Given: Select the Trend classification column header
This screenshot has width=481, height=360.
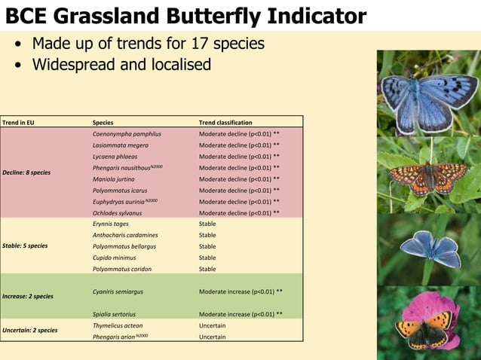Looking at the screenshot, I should (225, 122).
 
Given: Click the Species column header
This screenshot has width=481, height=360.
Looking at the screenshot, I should (103, 122).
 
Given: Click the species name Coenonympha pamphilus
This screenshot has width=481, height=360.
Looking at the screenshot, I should (127, 133).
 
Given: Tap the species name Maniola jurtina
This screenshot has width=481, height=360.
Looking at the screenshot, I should (115, 178).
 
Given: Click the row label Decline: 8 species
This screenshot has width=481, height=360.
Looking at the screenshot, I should (26, 172).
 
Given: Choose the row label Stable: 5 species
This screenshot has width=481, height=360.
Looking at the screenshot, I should (25, 246).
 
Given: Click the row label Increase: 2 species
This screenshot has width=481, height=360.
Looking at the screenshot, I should (28, 296).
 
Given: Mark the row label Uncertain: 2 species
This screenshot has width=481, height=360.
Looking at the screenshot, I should (30, 330).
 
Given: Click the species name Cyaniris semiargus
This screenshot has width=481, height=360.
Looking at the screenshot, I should (118, 291).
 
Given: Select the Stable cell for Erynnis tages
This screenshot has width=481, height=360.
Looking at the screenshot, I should (207, 224).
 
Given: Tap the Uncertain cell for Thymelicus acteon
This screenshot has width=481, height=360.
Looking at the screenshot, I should (212, 325).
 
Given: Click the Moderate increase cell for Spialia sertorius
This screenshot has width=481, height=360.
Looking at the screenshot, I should (240, 313).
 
